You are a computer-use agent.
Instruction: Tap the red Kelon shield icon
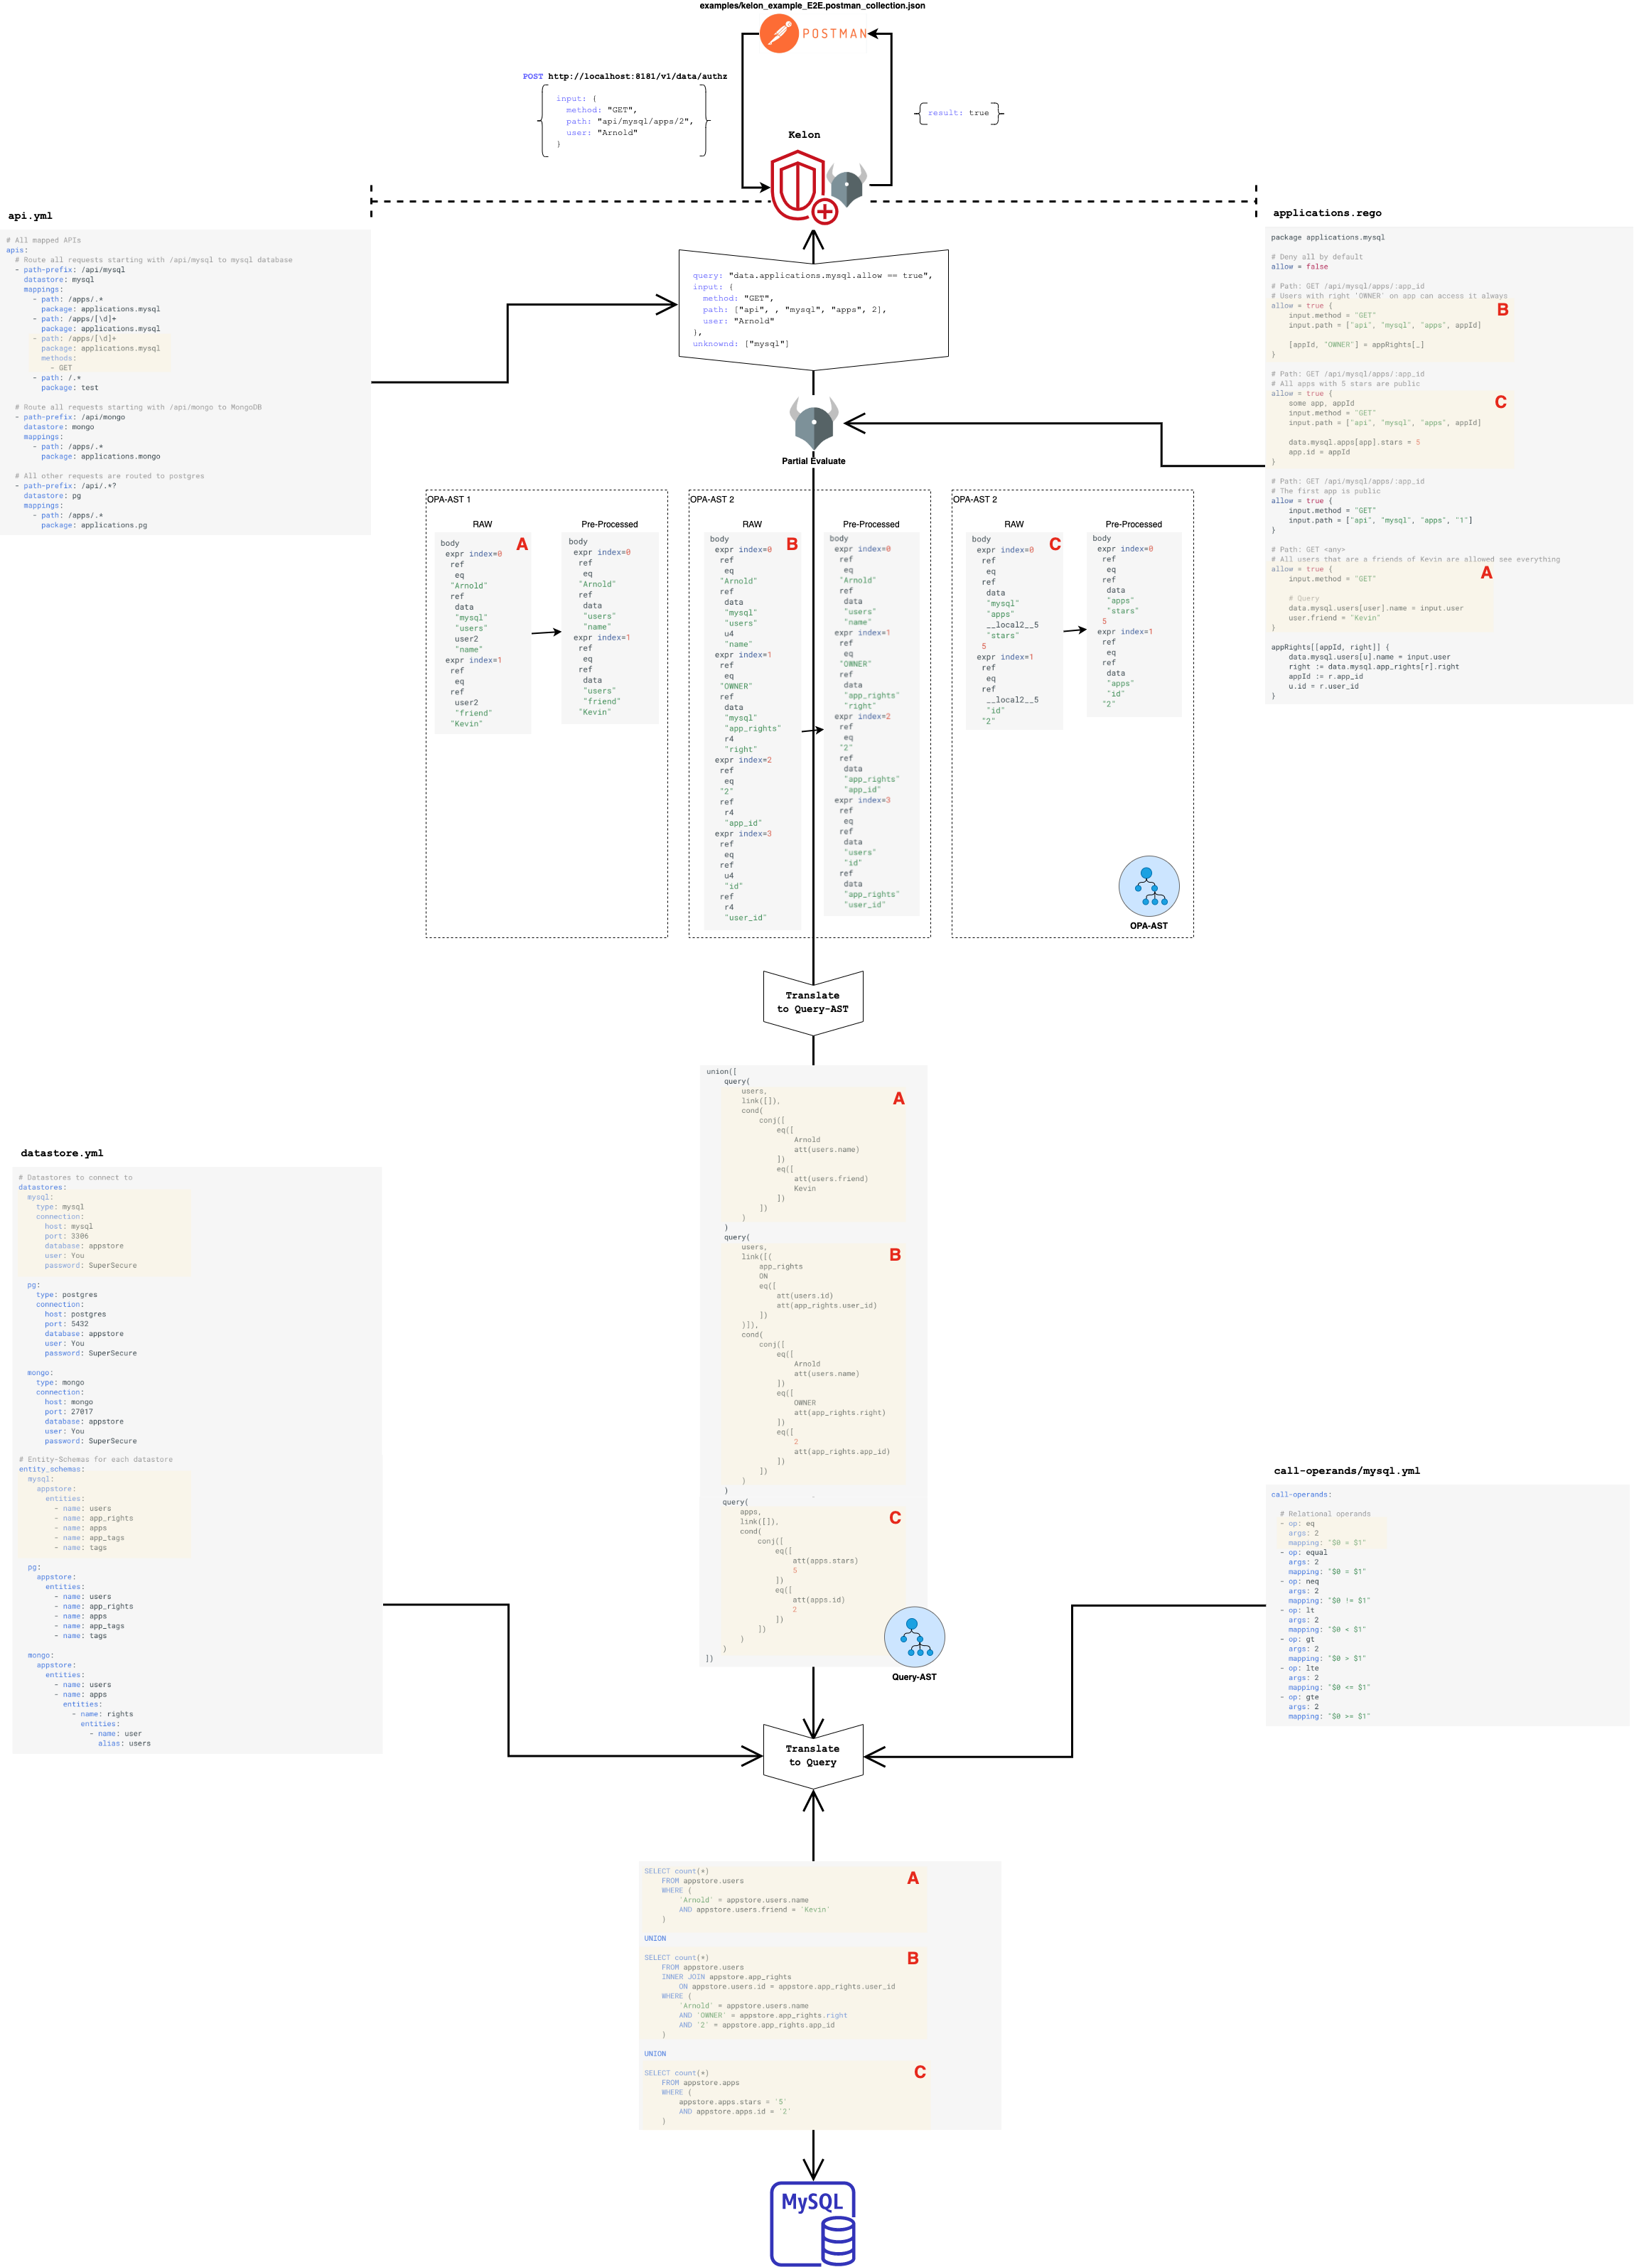[x=800, y=185]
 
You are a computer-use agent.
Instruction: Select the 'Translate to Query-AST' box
[x=812, y=1001]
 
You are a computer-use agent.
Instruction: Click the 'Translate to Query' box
[x=812, y=1755]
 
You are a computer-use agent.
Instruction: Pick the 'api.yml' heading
[x=30, y=216]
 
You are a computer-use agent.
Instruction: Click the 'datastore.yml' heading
[x=62, y=1153]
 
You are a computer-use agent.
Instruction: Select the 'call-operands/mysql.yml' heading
[x=1346, y=1470]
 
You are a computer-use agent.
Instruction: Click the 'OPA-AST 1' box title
[x=448, y=499]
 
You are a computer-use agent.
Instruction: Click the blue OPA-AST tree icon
[x=1149, y=885]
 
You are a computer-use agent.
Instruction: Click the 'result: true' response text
[x=957, y=113]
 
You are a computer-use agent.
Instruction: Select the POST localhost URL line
[x=625, y=76]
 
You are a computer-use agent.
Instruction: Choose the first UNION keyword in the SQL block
[x=655, y=1938]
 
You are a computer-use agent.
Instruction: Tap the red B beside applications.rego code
[x=1502, y=310]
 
